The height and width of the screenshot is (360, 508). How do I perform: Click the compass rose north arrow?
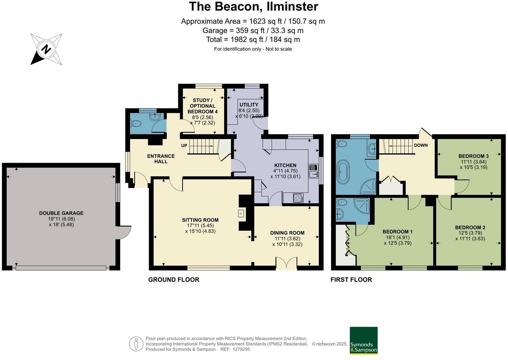pyautogui.click(x=46, y=49)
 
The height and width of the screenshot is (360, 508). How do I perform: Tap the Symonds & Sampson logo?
pyautogui.click(x=363, y=340)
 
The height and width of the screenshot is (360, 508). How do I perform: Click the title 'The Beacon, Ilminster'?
pyautogui.click(x=254, y=7)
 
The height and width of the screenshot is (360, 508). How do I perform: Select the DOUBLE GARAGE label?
pyautogui.click(x=61, y=213)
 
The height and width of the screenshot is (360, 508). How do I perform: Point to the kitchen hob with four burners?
pyautogui.click(x=298, y=198)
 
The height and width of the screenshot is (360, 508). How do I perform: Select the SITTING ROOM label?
pyautogui.click(x=200, y=220)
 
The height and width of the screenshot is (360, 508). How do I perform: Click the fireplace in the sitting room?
pyautogui.click(x=241, y=213)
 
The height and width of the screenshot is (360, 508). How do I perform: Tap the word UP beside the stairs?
pyautogui.click(x=184, y=146)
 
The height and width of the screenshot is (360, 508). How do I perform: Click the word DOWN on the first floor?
pyautogui.click(x=420, y=145)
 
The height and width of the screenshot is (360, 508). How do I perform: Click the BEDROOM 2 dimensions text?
pyautogui.click(x=470, y=236)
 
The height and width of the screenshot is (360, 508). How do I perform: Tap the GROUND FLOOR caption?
pyautogui.click(x=174, y=280)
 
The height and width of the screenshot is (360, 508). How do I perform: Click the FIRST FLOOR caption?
pyautogui.click(x=351, y=280)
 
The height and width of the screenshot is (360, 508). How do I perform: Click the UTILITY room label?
pyautogui.click(x=249, y=105)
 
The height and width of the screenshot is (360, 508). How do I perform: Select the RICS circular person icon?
pyautogui.click(x=136, y=344)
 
